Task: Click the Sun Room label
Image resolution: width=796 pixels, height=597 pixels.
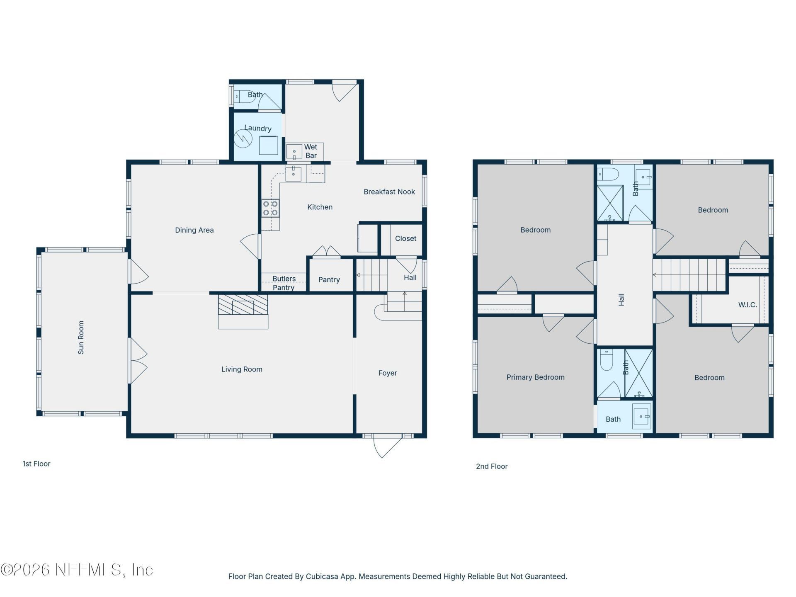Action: (x=81, y=337)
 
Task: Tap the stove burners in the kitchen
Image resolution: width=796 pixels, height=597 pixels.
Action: (x=270, y=208)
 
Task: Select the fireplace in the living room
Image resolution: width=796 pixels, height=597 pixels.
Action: (x=243, y=306)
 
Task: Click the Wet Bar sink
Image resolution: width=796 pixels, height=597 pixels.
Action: (x=294, y=152)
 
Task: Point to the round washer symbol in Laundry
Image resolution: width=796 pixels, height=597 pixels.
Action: (x=243, y=138)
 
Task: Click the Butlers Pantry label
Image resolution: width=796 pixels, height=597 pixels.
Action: (x=284, y=283)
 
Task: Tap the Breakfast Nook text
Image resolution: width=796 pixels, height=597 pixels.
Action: (x=389, y=192)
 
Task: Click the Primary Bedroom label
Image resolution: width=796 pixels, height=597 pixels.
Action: (x=535, y=377)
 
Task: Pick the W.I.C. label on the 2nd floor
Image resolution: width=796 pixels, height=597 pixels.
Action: (x=747, y=305)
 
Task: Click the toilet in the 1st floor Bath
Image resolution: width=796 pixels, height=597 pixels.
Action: (x=241, y=97)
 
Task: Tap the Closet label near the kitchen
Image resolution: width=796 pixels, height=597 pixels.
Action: (x=405, y=238)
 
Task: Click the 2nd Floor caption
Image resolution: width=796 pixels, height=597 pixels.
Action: (x=492, y=466)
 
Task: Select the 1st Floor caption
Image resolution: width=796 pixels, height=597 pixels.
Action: (x=36, y=464)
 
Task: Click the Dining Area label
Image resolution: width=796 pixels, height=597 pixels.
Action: (x=194, y=230)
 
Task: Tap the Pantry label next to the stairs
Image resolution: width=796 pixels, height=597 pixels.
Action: (x=329, y=280)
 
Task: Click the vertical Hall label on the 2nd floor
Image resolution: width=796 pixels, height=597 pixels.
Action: (x=621, y=300)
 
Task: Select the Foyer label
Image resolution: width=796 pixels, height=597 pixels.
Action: (x=387, y=373)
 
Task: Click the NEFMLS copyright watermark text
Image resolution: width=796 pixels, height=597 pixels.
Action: (x=77, y=570)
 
